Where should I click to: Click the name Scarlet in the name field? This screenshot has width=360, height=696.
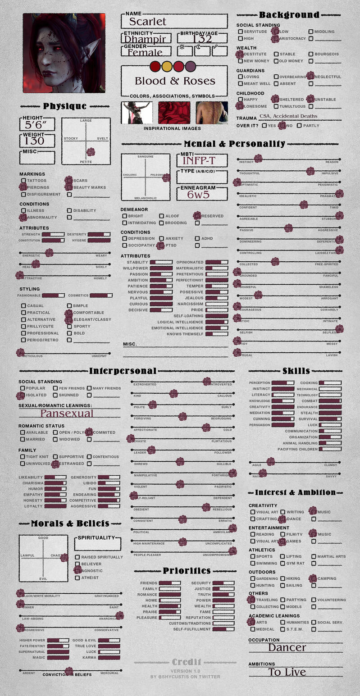tap(148, 21)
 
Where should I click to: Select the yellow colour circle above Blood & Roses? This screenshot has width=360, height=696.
tap(167, 66)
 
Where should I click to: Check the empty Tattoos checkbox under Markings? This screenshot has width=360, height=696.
tap(23, 181)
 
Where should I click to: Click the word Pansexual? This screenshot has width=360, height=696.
tap(67, 414)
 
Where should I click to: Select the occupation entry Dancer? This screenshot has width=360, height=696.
tap(287, 648)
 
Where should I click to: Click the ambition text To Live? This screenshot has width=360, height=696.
tap(287, 672)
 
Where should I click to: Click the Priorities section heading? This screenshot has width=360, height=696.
tap(187, 571)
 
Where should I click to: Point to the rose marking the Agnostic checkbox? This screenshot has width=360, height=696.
tap(77, 570)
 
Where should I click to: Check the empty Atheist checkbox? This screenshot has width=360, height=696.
tap(77, 578)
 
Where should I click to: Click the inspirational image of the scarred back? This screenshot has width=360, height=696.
tap(211, 113)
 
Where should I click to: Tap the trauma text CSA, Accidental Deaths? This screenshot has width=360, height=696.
tap(288, 116)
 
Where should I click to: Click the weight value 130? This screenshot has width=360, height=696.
tap(35, 141)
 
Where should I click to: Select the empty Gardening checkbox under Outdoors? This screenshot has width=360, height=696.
tap(253, 578)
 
